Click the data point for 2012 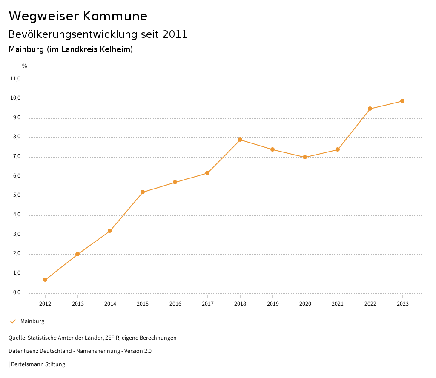click(x=45, y=280)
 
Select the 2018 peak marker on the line click(x=240, y=140)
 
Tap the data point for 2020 click(x=305, y=157)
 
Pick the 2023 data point click(x=402, y=101)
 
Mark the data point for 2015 click(x=143, y=192)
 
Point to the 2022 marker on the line click(x=370, y=109)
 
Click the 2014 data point click(x=110, y=231)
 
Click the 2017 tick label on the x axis click(x=208, y=304)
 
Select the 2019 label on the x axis click(x=272, y=304)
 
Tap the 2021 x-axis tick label click(x=338, y=304)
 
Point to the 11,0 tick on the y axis click(x=15, y=79)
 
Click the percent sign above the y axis click(x=25, y=66)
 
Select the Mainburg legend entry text click(x=32, y=321)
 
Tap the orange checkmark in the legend click(x=13, y=321)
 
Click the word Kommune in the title click(x=115, y=16)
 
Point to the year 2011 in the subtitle click(x=175, y=34)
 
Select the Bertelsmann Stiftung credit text click(x=38, y=364)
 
